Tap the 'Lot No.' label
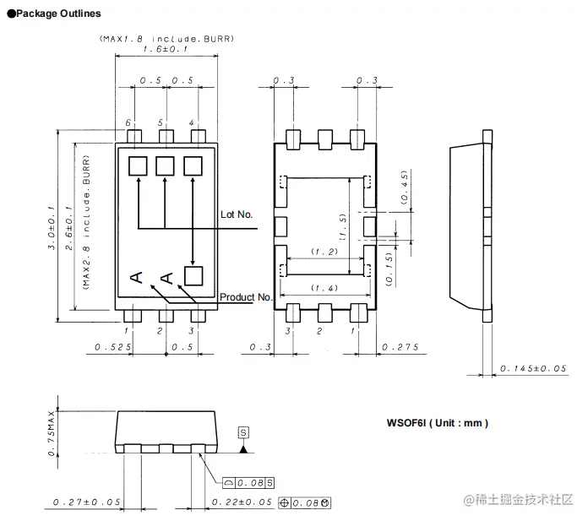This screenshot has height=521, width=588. click(237, 214)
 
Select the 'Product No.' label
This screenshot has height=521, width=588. click(247, 297)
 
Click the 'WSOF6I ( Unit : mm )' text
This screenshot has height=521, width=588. click(437, 423)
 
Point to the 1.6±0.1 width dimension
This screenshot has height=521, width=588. click(166, 50)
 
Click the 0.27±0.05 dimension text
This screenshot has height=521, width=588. click(86, 503)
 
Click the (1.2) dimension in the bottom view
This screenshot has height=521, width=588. click(324, 252)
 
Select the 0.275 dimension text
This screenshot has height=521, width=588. click(400, 347)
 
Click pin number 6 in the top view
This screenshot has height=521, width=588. click(129, 123)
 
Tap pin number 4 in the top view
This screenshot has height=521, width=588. click(192, 123)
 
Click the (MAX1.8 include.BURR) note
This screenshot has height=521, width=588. click(166, 39)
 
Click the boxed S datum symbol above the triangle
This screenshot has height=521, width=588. click(244, 432)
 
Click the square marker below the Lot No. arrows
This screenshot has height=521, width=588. click(193, 274)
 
